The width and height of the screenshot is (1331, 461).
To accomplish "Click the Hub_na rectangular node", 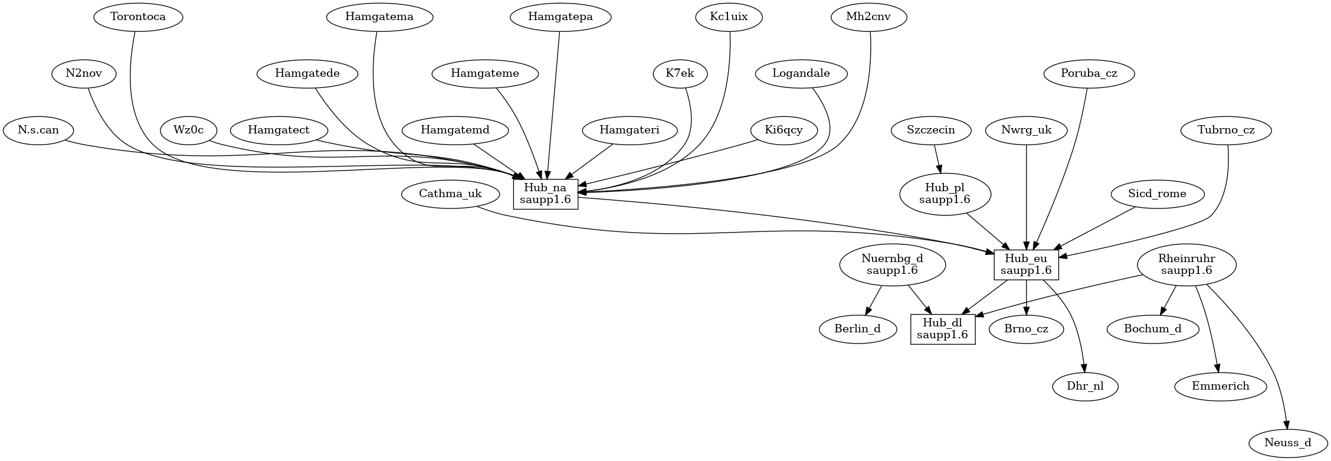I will pos(545,194).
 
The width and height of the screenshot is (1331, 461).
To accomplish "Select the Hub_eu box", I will pos(1026,264).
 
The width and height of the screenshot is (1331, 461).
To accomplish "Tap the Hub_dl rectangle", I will pos(942,329).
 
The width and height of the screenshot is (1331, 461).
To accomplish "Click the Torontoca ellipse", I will pos(138,17).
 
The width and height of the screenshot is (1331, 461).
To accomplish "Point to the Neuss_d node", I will pos(1287,442).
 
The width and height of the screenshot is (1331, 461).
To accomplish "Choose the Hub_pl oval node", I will pos(945,194).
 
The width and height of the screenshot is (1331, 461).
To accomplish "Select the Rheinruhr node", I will pos(1186,264).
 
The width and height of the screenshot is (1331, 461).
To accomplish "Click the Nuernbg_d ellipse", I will pos(892,264).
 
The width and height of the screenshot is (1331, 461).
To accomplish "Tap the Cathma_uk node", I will pos(450,194).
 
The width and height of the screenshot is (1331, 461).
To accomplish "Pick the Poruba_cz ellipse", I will pos(1089,74).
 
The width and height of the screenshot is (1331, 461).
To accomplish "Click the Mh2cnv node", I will pos(868,17).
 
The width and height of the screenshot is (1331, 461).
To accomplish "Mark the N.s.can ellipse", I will pos(38,130).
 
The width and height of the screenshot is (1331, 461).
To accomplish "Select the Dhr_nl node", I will pos(1085,387).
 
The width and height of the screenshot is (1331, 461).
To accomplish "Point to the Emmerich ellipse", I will pos(1221,387).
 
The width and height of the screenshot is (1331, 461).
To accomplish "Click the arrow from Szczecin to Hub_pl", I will pos(937,158).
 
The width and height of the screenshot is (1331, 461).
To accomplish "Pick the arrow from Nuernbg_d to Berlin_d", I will pos(873,301).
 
